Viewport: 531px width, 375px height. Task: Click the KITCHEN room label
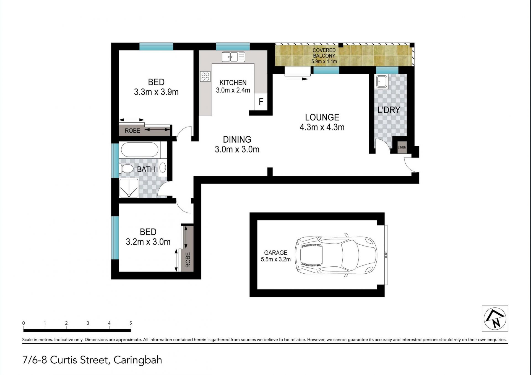coord(233,83)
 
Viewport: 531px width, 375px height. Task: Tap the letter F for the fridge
coord(261,102)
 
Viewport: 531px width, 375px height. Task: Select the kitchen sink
coord(233,57)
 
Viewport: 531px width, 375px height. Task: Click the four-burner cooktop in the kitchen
coord(205,76)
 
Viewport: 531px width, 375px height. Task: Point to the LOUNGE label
coord(322,117)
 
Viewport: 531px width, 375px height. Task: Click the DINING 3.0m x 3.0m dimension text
coord(237,150)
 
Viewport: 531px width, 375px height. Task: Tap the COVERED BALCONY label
coord(324,53)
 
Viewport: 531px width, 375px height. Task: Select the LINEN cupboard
coord(402,147)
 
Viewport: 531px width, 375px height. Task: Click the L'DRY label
coord(389,110)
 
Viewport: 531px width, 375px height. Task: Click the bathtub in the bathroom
coord(140,150)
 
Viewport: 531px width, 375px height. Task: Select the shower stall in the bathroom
coord(129,188)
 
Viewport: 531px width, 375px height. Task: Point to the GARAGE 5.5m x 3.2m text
coord(276,256)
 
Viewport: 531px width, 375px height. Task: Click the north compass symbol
coord(495,319)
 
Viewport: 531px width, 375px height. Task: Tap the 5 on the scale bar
coord(131,323)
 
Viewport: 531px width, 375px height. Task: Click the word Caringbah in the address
coord(138,360)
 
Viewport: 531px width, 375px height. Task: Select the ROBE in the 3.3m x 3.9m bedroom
coord(144,130)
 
